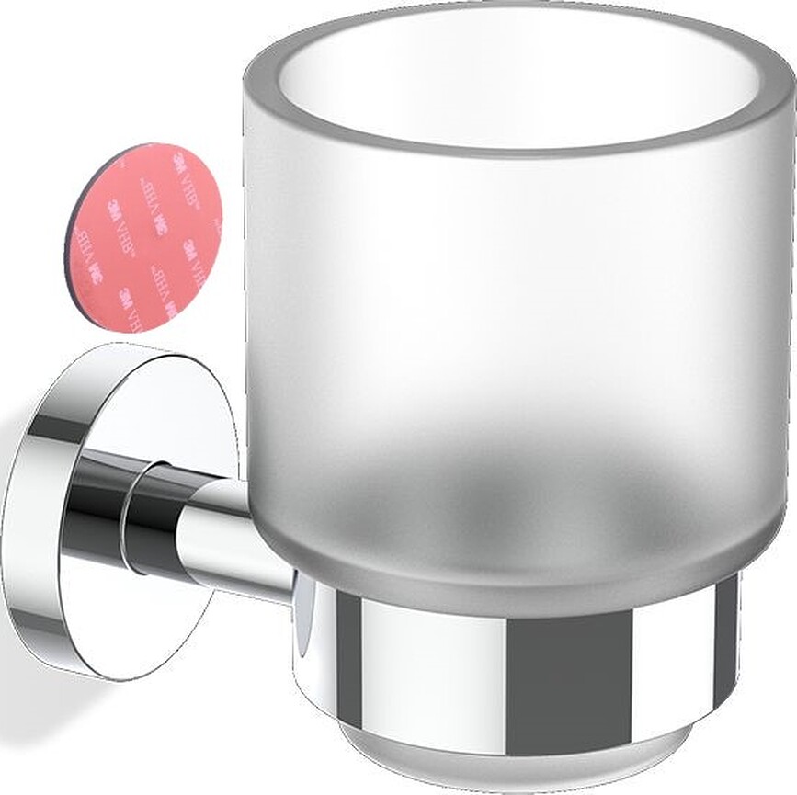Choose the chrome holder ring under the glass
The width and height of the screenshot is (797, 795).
coord(515,662)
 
